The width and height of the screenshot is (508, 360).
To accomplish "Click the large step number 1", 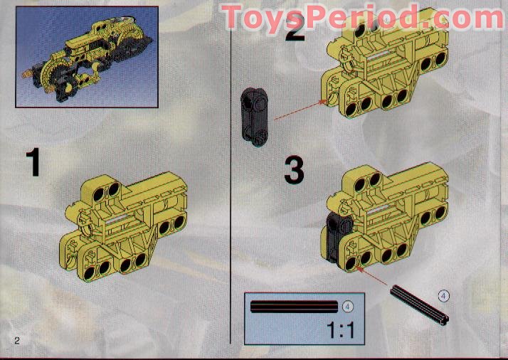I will point(33,163).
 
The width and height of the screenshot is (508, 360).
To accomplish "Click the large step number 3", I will point(295,171).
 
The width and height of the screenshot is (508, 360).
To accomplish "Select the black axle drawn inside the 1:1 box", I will point(293,307).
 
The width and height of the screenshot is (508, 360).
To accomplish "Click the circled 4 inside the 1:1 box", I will point(349,306).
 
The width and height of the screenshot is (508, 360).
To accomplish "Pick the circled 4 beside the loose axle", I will point(444,295).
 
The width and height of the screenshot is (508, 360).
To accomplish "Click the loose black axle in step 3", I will point(420,304).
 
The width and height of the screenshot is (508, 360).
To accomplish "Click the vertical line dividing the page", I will point(232,178).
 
